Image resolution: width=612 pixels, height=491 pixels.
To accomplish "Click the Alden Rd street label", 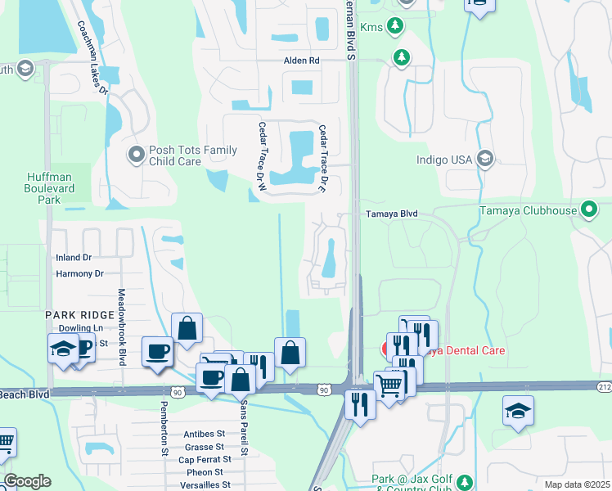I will point(302,61).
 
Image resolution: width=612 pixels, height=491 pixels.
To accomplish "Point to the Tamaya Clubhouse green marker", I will point(588,210).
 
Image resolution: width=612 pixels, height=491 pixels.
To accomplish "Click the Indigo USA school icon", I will point(485,159).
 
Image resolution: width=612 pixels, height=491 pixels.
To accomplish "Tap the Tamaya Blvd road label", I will point(391,214).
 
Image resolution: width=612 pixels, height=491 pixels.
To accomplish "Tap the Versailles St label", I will point(200,485).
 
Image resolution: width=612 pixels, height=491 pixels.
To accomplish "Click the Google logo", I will point(26,481).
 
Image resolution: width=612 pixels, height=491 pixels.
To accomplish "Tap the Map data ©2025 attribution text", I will point(577,484).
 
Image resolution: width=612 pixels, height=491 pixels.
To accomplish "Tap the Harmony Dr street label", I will point(79,273).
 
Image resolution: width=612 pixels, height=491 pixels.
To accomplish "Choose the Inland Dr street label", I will point(74,258).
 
